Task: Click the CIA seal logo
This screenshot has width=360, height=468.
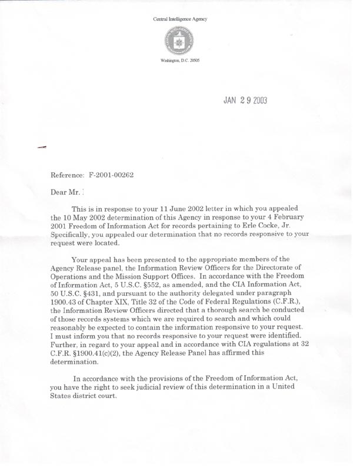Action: click(180, 41)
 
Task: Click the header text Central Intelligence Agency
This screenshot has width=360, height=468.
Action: click(180, 19)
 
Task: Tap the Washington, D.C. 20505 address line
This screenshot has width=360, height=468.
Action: click(180, 61)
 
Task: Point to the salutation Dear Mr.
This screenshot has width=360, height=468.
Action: click(64, 191)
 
